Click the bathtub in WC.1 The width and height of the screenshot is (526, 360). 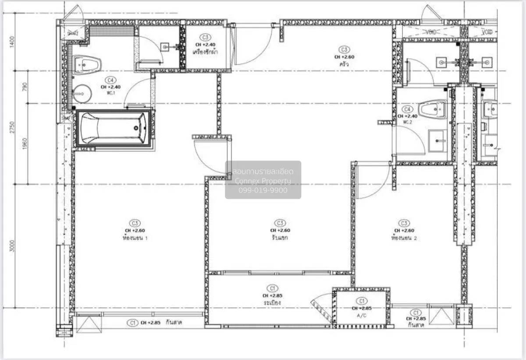114,128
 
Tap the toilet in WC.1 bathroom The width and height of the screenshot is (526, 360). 87,64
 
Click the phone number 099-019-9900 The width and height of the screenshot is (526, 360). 263,190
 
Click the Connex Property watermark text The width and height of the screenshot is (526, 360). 263,181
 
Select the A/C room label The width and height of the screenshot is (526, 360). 362,315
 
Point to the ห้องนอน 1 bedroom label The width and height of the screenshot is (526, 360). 135,238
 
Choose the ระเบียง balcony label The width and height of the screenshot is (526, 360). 272,303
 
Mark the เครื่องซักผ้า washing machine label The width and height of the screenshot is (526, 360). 206,52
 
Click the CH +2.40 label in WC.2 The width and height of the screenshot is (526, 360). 407,116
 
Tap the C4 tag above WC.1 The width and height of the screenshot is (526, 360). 110,80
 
